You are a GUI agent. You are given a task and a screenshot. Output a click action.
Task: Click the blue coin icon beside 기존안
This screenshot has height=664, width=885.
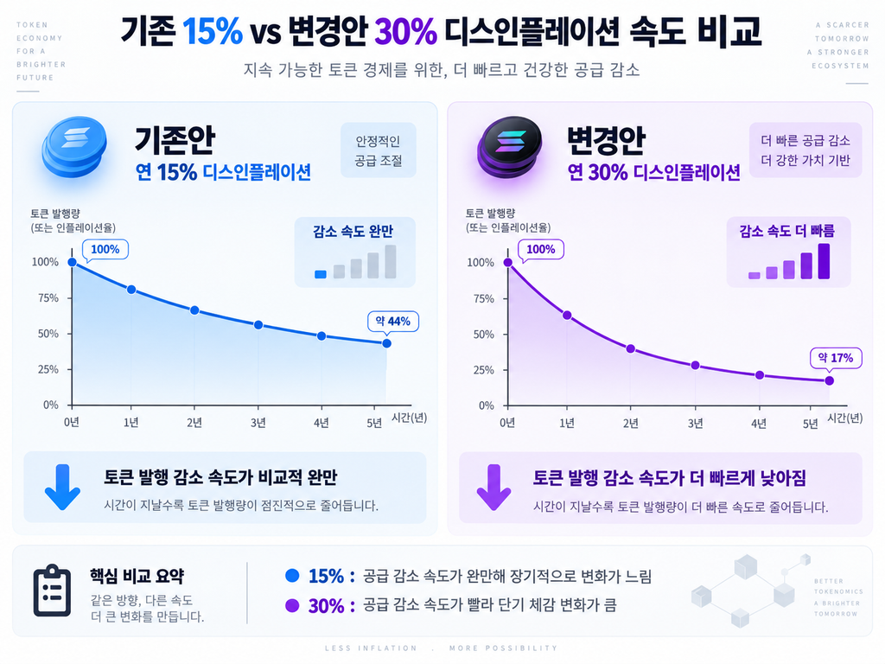point(74,147)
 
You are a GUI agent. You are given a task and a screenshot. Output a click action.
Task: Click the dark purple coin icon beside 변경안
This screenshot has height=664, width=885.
point(510,147)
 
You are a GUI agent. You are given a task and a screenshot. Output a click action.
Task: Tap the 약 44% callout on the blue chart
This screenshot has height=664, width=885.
point(393,322)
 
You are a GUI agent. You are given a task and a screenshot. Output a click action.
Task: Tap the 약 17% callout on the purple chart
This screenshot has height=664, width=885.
point(836,357)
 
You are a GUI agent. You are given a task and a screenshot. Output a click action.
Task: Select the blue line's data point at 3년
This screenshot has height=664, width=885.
point(258,325)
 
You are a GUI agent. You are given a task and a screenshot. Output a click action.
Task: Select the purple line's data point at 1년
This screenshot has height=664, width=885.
point(567,315)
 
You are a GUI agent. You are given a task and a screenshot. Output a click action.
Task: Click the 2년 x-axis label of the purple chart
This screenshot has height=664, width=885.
point(630,423)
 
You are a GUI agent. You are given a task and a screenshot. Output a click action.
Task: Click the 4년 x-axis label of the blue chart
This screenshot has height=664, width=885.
point(322,423)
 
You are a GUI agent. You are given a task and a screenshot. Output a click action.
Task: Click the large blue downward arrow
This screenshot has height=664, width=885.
point(62,487)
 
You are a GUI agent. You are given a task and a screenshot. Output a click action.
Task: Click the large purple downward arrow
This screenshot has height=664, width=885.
point(493,487)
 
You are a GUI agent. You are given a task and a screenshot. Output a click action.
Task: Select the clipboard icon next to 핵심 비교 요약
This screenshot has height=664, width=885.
point(52,591)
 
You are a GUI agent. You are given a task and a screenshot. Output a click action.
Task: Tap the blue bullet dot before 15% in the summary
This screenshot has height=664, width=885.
point(292,575)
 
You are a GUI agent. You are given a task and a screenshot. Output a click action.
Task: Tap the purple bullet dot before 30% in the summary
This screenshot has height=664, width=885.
point(292,605)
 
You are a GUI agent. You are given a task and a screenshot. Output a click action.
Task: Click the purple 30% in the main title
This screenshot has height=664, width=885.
point(405,32)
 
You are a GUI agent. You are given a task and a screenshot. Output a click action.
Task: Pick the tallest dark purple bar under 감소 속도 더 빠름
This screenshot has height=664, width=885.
point(824,261)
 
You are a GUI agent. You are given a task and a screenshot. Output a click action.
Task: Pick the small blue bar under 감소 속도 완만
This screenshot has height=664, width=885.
point(321,274)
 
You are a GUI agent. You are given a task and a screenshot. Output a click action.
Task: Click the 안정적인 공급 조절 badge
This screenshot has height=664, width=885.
point(379,150)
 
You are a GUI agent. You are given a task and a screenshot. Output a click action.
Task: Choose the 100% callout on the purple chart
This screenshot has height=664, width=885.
point(541,250)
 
